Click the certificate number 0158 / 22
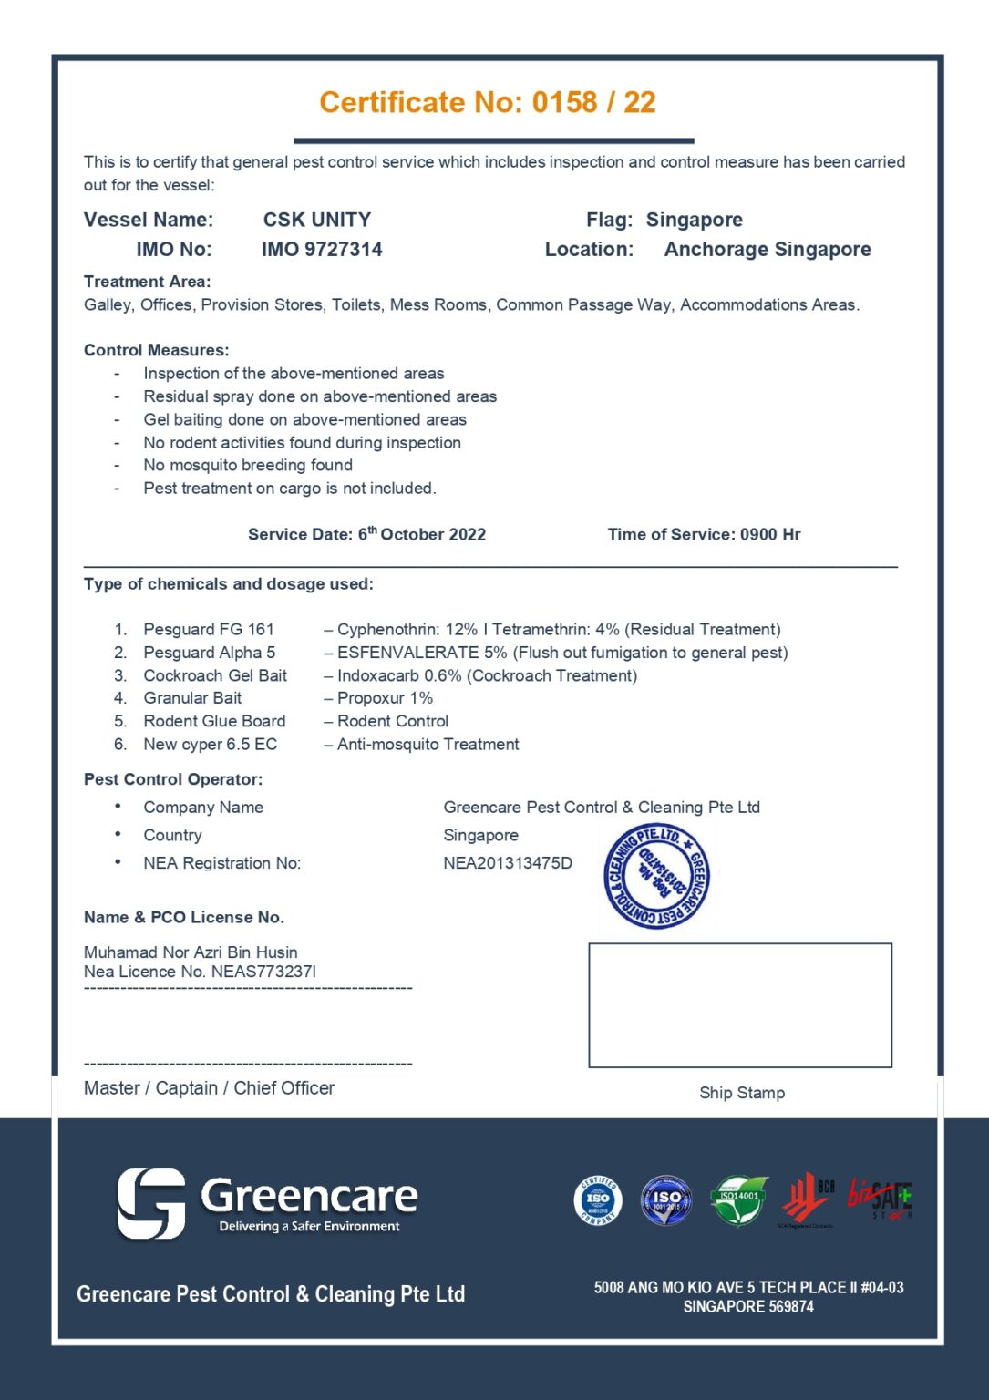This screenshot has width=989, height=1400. (x=593, y=102)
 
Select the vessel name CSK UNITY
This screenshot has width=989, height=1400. (x=316, y=220)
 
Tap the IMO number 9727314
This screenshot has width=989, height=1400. (x=322, y=250)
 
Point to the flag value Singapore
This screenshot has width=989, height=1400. (x=694, y=220)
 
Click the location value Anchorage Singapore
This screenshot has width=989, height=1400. (x=767, y=250)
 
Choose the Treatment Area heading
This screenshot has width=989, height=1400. (x=147, y=282)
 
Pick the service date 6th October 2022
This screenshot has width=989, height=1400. (x=421, y=534)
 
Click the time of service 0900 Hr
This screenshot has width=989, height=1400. (x=770, y=534)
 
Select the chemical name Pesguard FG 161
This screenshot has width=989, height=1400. (x=209, y=629)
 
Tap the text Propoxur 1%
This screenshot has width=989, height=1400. (x=385, y=698)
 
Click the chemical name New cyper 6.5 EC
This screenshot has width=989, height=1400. (x=210, y=745)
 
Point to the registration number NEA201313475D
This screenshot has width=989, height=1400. (x=508, y=863)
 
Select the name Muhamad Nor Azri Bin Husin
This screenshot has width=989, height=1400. (x=191, y=952)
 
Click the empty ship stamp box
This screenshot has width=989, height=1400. (x=739, y=1005)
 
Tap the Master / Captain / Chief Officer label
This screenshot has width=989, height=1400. (x=209, y=1088)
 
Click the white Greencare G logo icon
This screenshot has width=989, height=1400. (x=151, y=1203)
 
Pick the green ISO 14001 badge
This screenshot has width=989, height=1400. (x=738, y=1200)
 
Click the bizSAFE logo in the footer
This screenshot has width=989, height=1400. (x=880, y=1198)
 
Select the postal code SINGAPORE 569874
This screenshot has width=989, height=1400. (x=748, y=1307)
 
